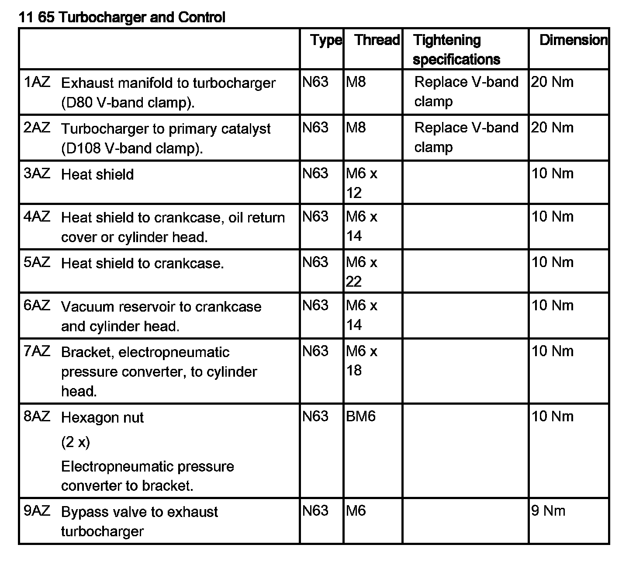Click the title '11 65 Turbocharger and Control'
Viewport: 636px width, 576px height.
coord(122,17)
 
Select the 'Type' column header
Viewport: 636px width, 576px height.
coord(326,40)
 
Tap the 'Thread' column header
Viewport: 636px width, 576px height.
coord(377,40)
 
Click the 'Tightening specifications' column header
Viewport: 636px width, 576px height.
coord(456,49)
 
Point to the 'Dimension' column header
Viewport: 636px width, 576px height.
coord(573,40)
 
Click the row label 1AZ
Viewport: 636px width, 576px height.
coord(37,82)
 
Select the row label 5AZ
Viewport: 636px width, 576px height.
coord(37,262)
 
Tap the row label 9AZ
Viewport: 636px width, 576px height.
coord(37,511)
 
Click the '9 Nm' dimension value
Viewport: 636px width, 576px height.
coord(548,511)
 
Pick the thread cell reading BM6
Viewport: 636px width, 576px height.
coord(361,416)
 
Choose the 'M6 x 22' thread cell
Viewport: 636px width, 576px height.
coord(361,272)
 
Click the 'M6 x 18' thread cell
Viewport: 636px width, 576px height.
coord(361,361)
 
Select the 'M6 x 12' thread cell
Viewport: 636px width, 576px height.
coord(361,183)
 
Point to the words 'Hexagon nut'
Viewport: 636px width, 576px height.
coord(102,418)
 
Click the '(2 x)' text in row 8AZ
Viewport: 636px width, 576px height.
coord(76,442)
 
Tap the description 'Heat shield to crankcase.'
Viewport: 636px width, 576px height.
coord(142,263)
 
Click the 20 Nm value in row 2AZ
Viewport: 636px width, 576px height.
coord(552,128)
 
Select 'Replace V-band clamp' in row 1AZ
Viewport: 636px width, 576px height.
coord(466,91)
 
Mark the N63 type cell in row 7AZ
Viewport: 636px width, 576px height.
coord(315,351)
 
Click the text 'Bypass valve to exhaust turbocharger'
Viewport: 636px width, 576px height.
coord(139,521)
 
